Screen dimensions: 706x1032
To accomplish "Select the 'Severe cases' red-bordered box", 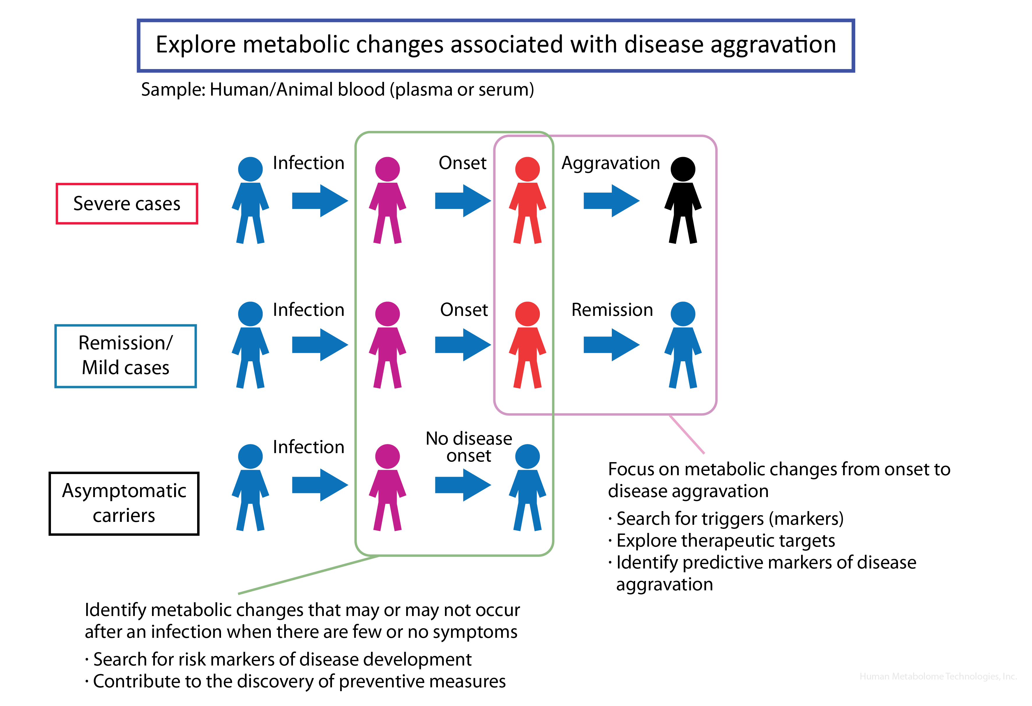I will click(x=127, y=203).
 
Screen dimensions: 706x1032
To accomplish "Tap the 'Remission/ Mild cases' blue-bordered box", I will click(x=126, y=356).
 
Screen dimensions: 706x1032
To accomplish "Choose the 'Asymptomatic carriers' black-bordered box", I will click(x=124, y=503).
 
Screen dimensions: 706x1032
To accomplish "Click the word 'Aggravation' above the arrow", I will click(x=611, y=163).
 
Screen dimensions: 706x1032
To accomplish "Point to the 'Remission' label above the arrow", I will click(x=612, y=310).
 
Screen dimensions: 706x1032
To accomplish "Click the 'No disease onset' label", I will click(x=469, y=447).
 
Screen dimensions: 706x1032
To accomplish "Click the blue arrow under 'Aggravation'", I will click(x=611, y=201).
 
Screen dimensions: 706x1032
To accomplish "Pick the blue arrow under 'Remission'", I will click(x=611, y=345).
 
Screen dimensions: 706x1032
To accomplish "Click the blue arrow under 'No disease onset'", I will click(x=463, y=485).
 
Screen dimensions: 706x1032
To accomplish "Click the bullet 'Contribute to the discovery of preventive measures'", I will click(x=299, y=681).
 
